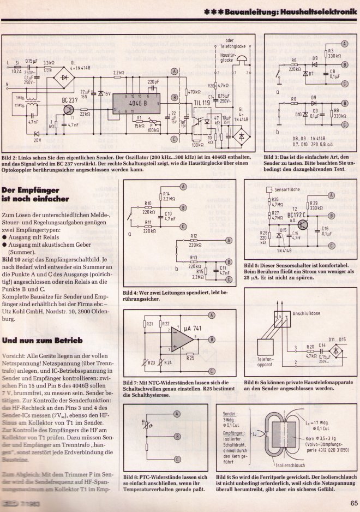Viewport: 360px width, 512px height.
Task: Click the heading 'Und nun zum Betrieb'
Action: [42, 340]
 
